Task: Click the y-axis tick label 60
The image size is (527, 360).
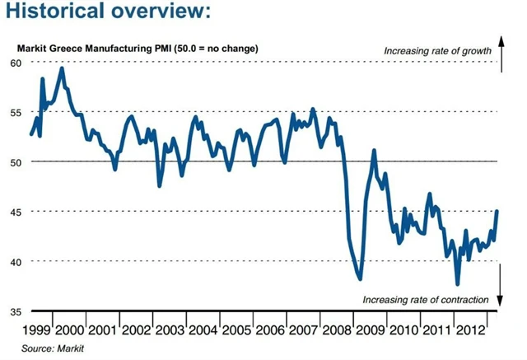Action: pyautogui.click(x=16, y=63)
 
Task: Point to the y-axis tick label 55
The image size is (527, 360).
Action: pyautogui.click(x=16, y=111)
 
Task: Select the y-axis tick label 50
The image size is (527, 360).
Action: pyautogui.click(x=16, y=161)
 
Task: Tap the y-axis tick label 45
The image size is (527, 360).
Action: pyautogui.click(x=16, y=212)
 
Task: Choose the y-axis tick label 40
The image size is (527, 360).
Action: pyautogui.click(x=16, y=261)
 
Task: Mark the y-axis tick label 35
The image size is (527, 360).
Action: pyautogui.click(x=16, y=311)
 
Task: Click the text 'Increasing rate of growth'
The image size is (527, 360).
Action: pyautogui.click(x=437, y=51)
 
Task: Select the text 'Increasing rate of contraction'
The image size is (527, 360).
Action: pyautogui.click(x=426, y=298)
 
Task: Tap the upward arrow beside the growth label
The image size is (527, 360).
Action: pyautogui.click(x=501, y=48)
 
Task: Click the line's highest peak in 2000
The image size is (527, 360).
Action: pyautogui.click(x=62, y=68)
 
